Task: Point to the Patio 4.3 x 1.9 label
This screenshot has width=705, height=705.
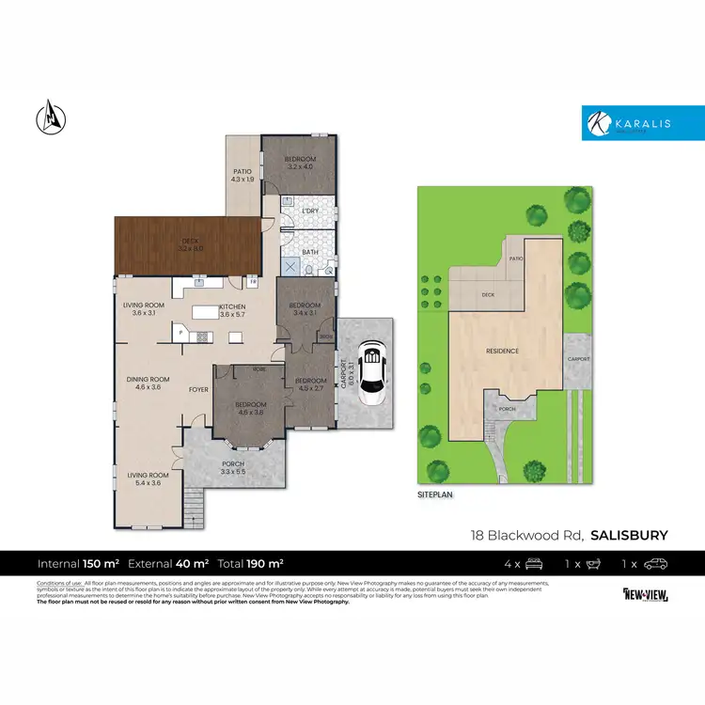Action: point(242,176)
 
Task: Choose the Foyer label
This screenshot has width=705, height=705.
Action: point(198,389)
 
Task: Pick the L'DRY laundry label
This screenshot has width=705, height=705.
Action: point(310,211)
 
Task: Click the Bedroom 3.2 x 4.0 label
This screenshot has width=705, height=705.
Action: point(301,164)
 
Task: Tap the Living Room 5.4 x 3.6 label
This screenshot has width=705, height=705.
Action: point(149,479)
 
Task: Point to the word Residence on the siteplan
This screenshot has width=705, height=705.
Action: point(502,351)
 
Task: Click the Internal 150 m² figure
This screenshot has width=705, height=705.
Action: point(78,564)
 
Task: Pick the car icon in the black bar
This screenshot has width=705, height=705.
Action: point(657,564)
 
